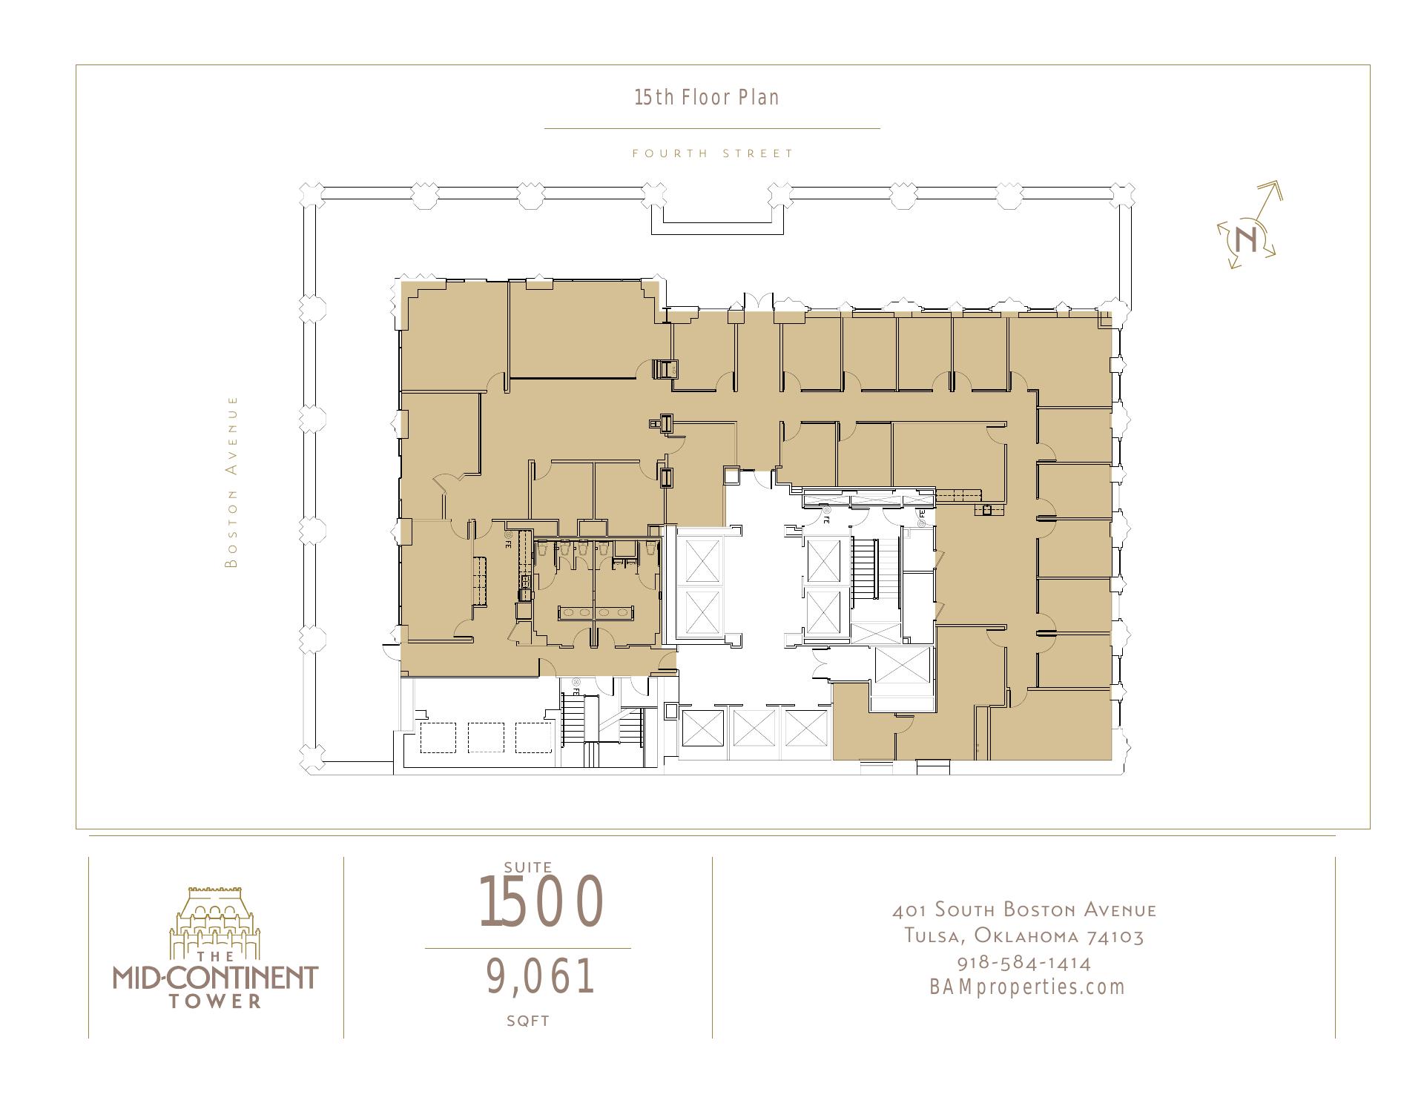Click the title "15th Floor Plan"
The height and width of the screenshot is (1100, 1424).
tap(707, 98)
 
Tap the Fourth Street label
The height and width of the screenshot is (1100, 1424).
tap(713, 153)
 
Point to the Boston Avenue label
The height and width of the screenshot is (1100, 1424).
tap(232, 482)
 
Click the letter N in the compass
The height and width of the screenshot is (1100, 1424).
tap(1247, 239)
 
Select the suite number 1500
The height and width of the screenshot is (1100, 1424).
tap(541, 902)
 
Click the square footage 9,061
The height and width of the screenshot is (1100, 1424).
tap(541, 976)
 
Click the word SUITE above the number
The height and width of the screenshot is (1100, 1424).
tap(528, 867)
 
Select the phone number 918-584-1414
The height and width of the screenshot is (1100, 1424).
tap(1024, 963)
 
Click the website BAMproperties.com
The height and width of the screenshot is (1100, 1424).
tap(1027, 987)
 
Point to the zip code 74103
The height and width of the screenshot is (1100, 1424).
tap(1115, 936)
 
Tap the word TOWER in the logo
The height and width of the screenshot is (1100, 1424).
tap(215, 1001)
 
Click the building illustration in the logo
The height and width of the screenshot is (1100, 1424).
tap(215, 919)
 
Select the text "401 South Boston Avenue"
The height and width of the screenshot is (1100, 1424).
tap(1024, 910)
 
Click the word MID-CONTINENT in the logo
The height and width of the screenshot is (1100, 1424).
tap(215, 977)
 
